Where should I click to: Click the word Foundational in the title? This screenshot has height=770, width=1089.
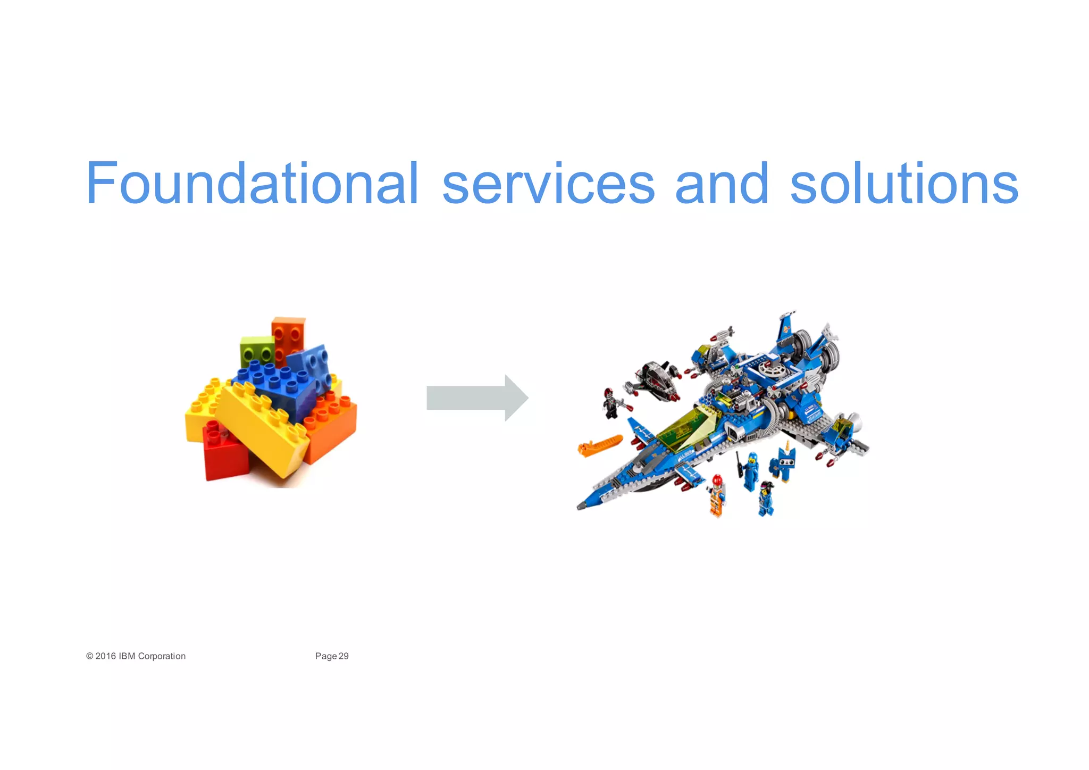tap(252, 184)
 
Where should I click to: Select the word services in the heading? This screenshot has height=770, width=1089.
tap(548, 184)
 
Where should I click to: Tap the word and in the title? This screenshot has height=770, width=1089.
tap(721, 184)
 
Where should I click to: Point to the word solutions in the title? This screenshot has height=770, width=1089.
tap(903, 184)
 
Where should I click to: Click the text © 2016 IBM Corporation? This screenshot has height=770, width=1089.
tap(136, 656)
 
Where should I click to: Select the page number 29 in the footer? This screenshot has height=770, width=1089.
tap(344, 656)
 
